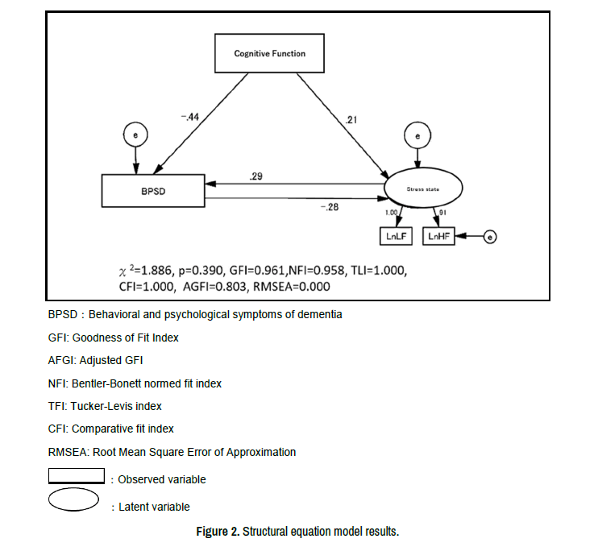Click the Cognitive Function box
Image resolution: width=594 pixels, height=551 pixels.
[269, 54]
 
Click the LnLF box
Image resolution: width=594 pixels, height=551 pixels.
[396, 236]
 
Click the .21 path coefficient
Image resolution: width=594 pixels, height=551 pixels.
[351, 120]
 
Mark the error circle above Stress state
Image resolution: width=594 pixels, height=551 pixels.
[417, 137]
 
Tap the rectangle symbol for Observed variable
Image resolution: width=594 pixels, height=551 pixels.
[77, 476]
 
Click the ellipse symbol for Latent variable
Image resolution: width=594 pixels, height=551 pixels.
[73, 500]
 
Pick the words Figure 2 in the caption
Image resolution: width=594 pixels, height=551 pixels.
[217, 532]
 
